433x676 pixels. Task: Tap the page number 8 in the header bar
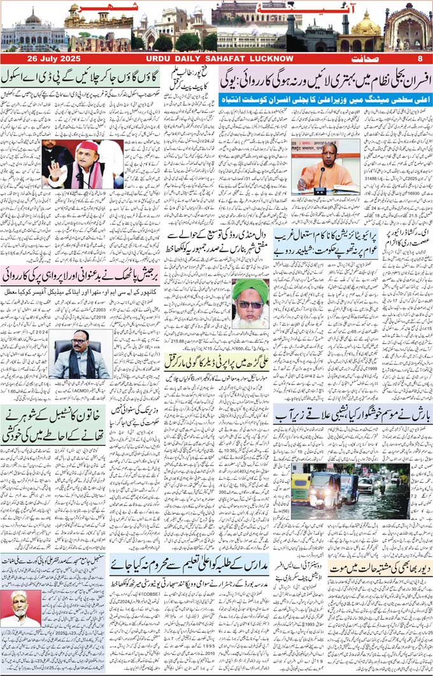pyautogui.click(x=420, y=59)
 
